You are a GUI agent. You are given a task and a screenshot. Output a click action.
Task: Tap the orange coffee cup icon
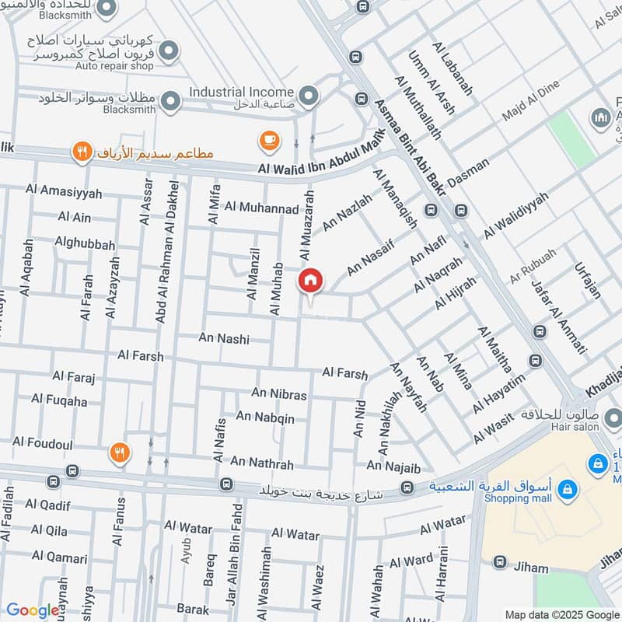click(269, 141)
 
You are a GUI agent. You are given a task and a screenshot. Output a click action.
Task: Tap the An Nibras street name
click(278, 394)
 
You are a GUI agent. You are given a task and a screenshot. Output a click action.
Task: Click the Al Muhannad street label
click(261, 208)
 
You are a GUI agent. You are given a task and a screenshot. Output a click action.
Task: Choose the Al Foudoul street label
click(43, 442)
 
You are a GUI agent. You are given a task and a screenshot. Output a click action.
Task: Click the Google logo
click(32, 610)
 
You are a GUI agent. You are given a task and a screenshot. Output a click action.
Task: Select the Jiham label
click(531, 568)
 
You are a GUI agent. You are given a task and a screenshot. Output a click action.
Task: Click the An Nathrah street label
click(261, 463)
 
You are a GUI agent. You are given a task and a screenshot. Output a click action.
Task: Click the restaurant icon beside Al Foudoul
click(118, 453)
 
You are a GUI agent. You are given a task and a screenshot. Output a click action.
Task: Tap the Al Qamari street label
click(59, 557)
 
